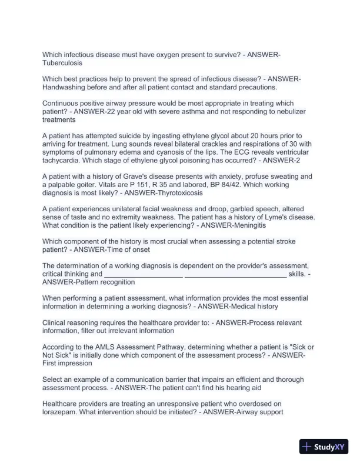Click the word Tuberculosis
pos(62,62)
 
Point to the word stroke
pos(282,242)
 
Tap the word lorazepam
pos(60,412)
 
